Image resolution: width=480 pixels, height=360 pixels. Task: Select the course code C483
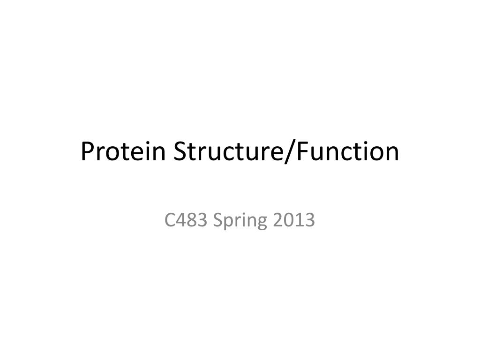pyautogui.click(x=186, y=220)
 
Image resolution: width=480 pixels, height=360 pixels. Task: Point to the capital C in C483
pyautogui.click(x=170, y=220)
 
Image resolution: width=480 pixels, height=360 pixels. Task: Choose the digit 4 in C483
pyautogui.click(x=181, y=220)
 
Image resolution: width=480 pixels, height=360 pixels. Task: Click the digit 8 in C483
pyautogui.click(x=191, y=220)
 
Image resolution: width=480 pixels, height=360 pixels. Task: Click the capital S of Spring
pyautogui.click(x=217, y=220)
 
